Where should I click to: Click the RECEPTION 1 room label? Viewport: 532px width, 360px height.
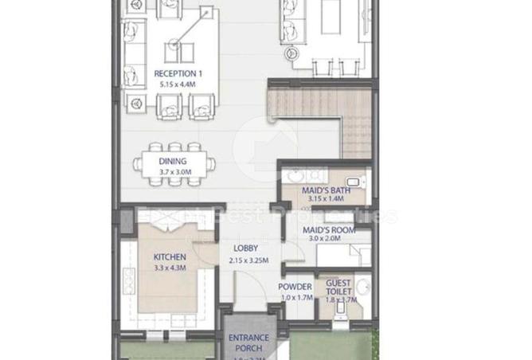pos(172,73)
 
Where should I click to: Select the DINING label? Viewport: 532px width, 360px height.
pos(172,161)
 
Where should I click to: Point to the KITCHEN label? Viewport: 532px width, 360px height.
pos(169,257)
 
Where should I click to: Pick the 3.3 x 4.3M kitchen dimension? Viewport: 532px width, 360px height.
pos(169,268)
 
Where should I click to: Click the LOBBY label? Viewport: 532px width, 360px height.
pos(244,248)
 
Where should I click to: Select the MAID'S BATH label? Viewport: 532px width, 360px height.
pos(322,190)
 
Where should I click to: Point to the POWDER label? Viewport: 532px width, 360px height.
pos(294,288)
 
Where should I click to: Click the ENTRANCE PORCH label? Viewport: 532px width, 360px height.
pos(248,342)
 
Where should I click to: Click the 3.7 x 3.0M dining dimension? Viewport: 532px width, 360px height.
pos(172,170)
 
